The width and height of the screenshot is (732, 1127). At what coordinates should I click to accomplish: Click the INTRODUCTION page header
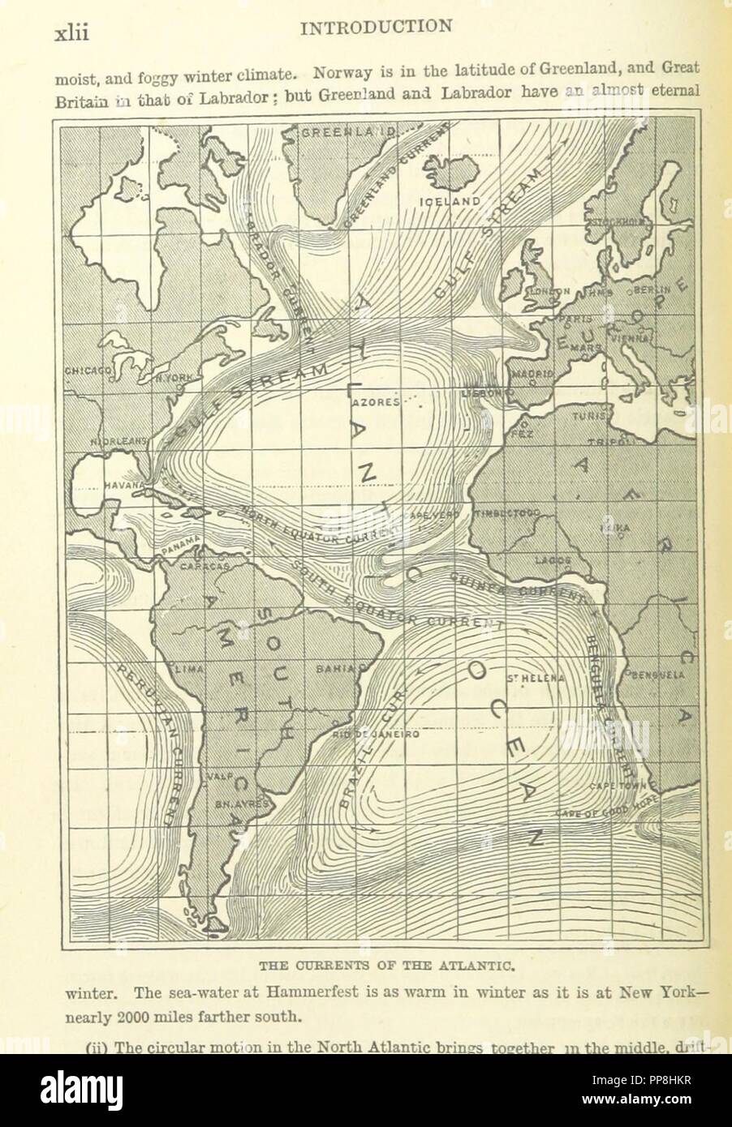tap(376, 27)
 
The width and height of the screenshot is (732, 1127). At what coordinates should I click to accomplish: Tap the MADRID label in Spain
tap(532, 374)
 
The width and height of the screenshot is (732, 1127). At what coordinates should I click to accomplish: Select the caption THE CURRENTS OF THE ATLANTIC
tap(376, 965)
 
